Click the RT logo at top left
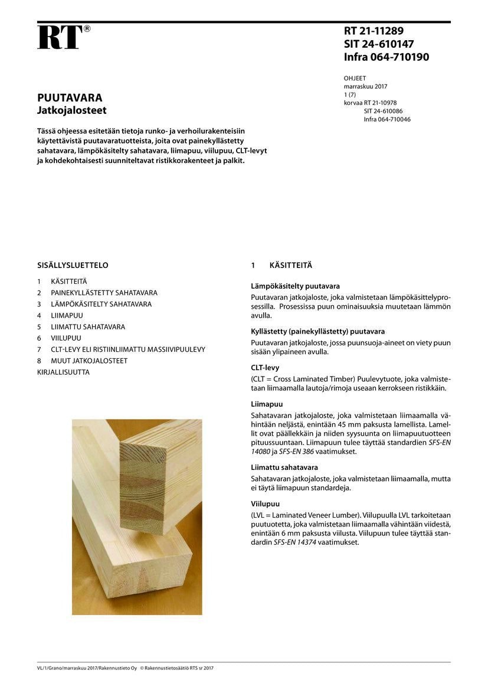click(x=59, y=38)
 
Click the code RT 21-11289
click(x=374, y=31)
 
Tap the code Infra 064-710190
click(x=386, y=57)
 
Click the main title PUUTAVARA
click(x=70, y=98)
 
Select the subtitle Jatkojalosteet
click(x=72, y=110)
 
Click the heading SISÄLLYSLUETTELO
click(x=73, y=266)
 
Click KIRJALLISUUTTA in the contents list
click(x=63, y=372)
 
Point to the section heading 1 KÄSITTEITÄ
click(x=281, y=266)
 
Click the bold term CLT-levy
click(x=266, y=368)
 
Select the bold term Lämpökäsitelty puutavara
click(x=295, y=286)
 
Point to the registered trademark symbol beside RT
click(x=87, y=28)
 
